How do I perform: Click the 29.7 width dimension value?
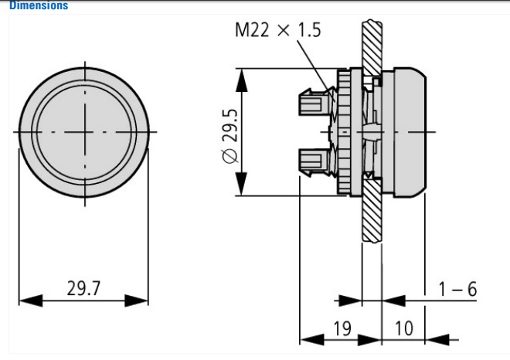[82, 289]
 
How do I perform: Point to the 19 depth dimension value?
[342, 328]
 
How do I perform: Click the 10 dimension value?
[403, 328]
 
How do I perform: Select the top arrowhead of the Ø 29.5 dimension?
[243, 75]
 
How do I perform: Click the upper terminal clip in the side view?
[312, 102]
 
